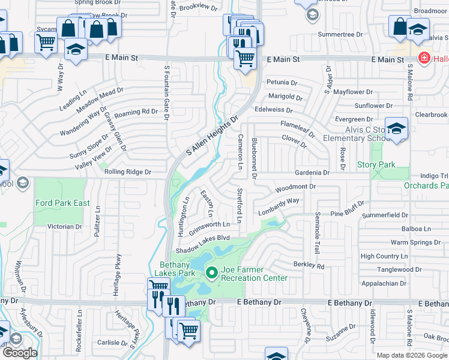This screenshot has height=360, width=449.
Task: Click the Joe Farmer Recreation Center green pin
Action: pos(211,274)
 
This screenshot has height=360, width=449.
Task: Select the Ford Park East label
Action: pos(62,203)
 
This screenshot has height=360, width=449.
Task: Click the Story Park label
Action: pos(376,164)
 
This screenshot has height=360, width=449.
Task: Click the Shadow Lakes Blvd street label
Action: pos(203,238)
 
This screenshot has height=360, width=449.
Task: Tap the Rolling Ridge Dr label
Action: pos(128,172)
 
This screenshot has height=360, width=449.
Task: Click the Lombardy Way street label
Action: pos(279,206)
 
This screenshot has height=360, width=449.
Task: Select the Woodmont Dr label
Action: pos(295,188)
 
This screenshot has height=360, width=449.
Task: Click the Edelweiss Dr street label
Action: pos(273,110)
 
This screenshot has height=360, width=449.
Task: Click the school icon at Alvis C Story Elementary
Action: pos(396,129)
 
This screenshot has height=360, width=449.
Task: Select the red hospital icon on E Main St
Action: pos(424,59)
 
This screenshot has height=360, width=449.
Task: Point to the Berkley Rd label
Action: pos(309,265)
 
